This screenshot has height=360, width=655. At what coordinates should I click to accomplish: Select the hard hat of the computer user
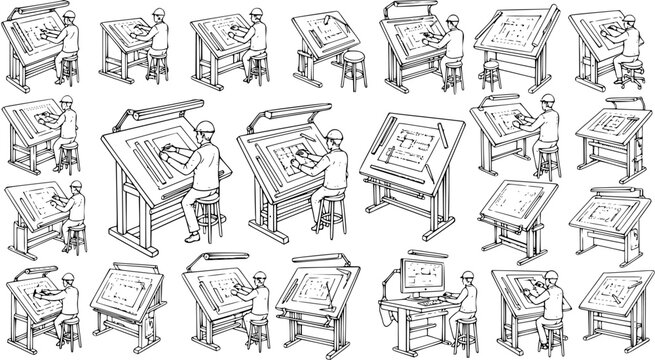[x=466, y=259]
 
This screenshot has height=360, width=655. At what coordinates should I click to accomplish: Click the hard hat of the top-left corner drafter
[x=66, y=17]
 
